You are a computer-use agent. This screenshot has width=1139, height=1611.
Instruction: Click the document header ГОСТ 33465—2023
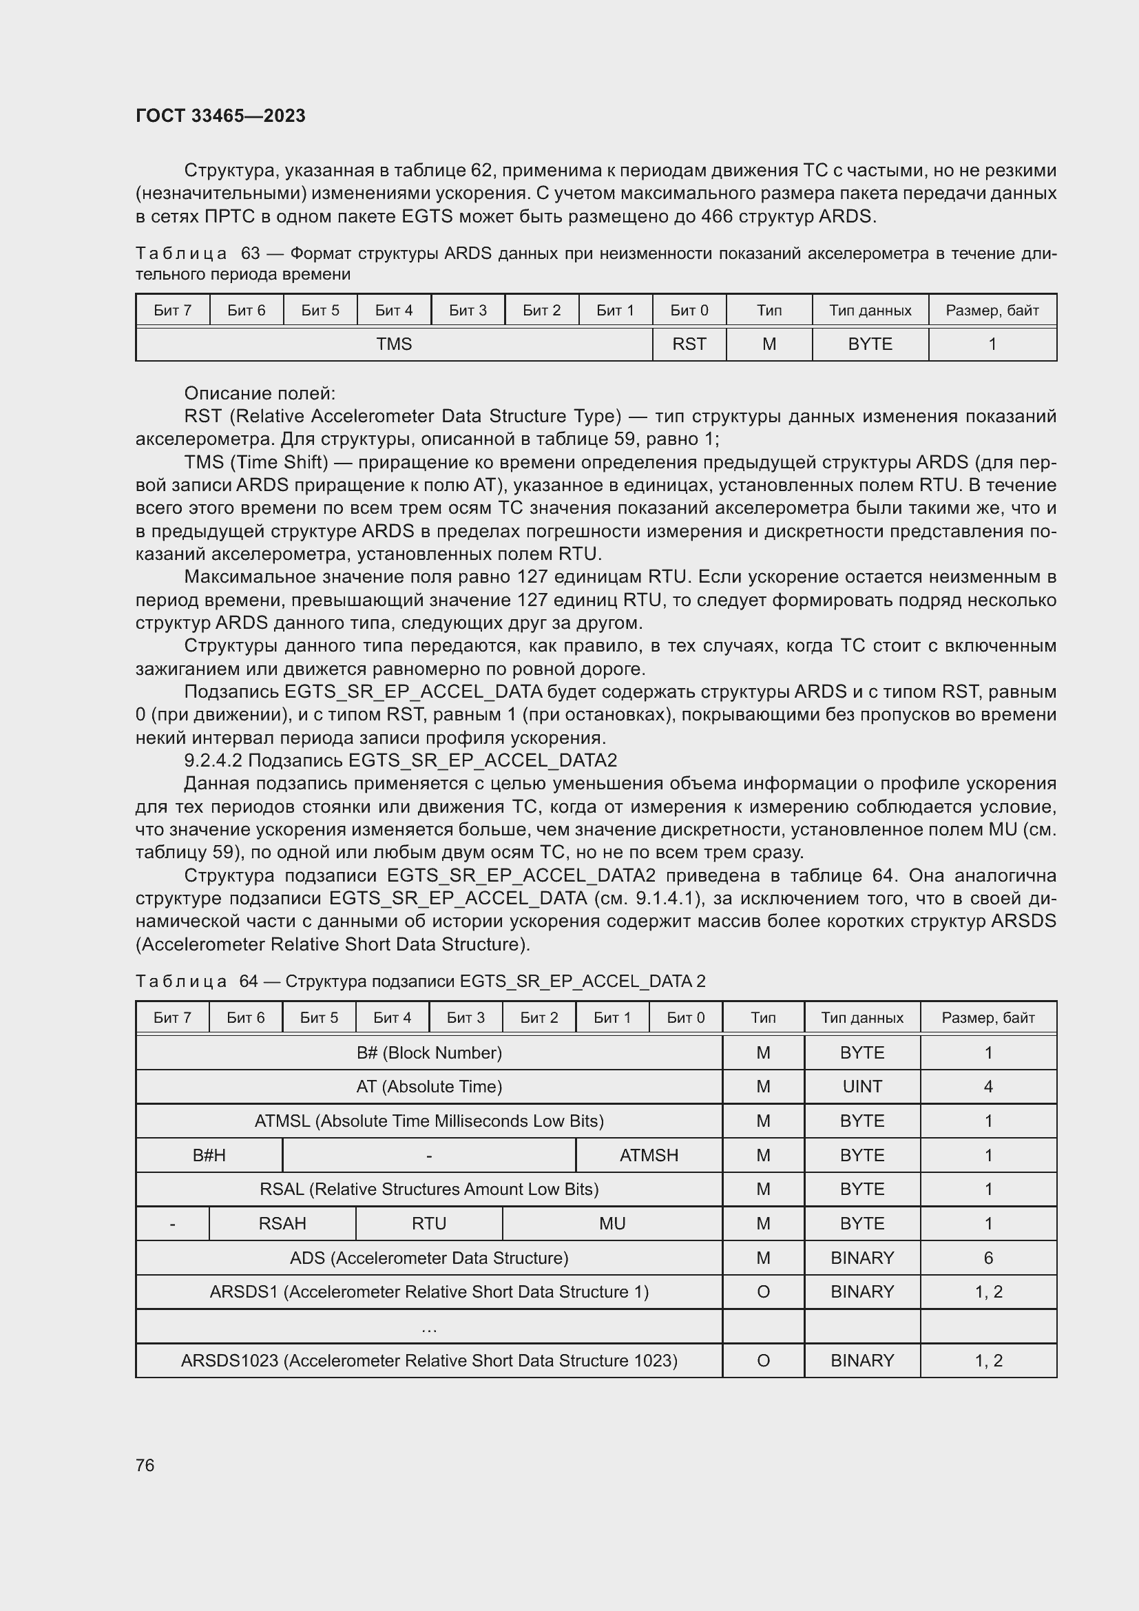220,116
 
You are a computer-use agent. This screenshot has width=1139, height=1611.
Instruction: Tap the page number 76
145,1464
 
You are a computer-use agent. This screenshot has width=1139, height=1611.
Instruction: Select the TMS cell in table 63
393,344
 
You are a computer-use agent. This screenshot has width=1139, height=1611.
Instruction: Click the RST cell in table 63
689,344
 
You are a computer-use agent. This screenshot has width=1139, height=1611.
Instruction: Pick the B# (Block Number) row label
428,1052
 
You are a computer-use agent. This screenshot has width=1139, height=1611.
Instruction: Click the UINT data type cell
862,1086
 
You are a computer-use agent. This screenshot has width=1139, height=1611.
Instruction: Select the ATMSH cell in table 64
649,1155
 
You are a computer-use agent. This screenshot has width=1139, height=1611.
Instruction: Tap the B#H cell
209,1155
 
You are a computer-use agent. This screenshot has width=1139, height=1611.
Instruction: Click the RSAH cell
282,1223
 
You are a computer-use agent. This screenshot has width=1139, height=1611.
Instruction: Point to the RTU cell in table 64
428,1223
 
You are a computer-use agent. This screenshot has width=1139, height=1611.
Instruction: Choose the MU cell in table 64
612,1223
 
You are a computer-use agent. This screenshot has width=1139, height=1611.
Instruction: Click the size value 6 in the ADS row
988,1258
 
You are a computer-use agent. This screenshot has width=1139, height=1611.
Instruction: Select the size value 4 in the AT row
988,1086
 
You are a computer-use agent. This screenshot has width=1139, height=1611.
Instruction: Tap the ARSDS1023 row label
428,1360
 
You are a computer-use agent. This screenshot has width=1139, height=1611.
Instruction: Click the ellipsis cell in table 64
428,1327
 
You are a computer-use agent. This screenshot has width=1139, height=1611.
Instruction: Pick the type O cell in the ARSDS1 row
763,1291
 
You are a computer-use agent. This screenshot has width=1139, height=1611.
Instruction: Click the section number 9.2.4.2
213,760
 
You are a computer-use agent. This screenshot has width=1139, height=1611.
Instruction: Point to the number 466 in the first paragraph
717,216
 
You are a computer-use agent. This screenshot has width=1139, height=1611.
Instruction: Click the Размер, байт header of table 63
992,310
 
